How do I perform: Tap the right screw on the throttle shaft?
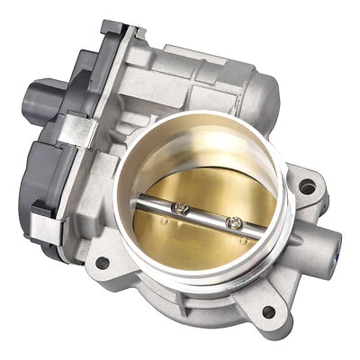pyautogui.click(x=237, y=222)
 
